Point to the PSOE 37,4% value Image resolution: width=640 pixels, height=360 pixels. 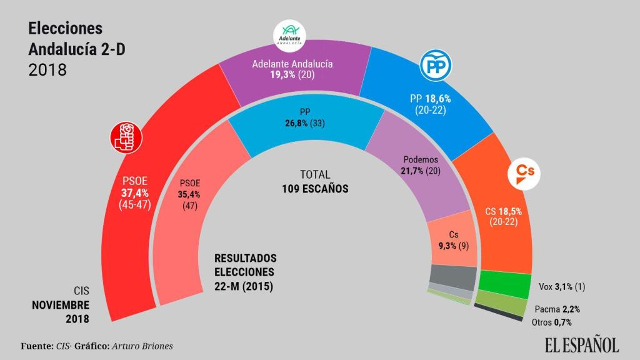[134, 193]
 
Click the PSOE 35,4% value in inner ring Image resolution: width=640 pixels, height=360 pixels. [190, 196]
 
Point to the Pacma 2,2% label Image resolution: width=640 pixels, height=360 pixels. [554, 309]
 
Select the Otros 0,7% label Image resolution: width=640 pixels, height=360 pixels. [551, 322]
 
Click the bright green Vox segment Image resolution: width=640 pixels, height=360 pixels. [504, 284]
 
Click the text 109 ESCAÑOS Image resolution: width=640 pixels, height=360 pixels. [315, 187]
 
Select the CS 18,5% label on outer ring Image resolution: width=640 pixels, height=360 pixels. [503, 212]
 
